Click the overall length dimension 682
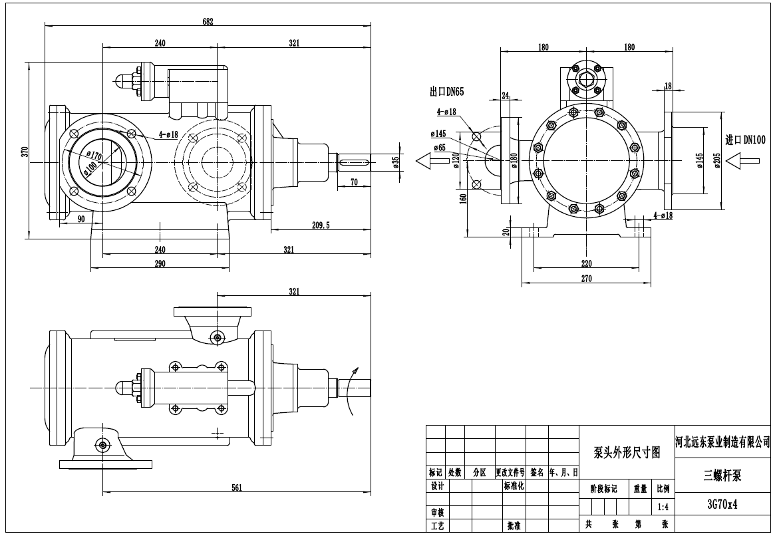(x=208, y=21)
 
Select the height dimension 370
(x=25, y=151)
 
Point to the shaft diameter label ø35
(x=396, y=162)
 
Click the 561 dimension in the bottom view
(x=236, y=487)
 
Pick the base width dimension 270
(x=586, y=279)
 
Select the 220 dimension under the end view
(x=586, y=262)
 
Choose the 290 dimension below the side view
(x=160, y=263)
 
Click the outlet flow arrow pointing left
(x=429, y=160)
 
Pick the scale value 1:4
(x=663, y=507)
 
